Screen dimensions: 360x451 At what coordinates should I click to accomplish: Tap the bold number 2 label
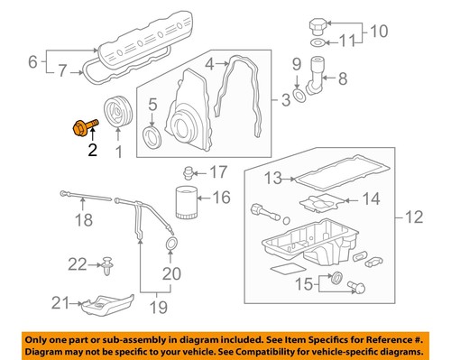pyautogui.click(x=90, y=152)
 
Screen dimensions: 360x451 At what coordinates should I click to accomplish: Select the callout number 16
pyautogui.click(x=221, y=196)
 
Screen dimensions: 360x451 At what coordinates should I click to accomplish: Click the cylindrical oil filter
pyautogui.click(x=186, y=204)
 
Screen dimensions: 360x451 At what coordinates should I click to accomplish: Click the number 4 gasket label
pyautogui.click(x=208, y=64)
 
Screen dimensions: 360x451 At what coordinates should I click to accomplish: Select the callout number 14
pyautogui.click(x=371, y=198)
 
